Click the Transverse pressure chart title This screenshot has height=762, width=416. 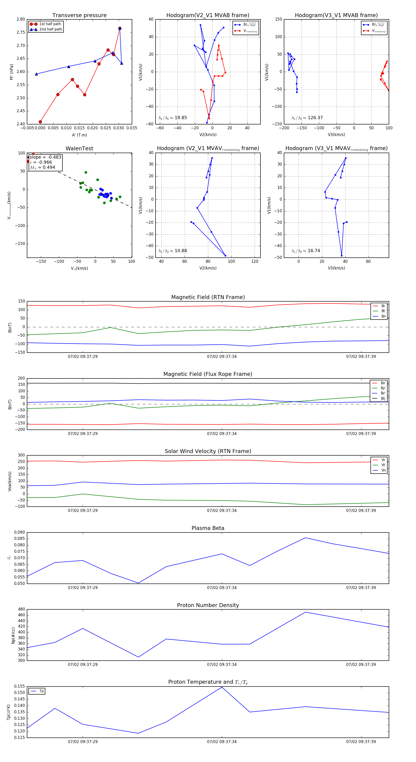click(79, 15)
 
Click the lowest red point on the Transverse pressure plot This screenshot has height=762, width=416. click(40, 122)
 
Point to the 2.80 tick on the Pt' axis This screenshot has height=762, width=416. click(21, 19)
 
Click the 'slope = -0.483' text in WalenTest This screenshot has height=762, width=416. click(45, 157)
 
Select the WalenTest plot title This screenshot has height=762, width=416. click(79, 148)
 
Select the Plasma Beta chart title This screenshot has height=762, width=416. click(208, 528)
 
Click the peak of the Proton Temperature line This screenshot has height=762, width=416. click(222, 687)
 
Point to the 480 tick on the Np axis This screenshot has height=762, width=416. click(21, 609)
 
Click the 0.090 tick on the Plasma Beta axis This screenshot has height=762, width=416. click(20, 532)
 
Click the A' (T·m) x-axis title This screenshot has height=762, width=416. click(79, 135)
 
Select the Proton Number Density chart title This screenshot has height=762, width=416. click(208, 605)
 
